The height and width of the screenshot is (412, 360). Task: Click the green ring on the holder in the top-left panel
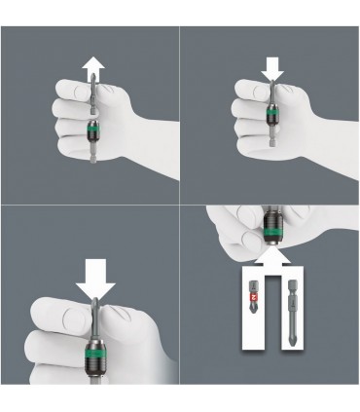coord(92,130)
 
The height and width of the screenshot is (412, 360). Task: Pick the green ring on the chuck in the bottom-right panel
coord(269,237)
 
